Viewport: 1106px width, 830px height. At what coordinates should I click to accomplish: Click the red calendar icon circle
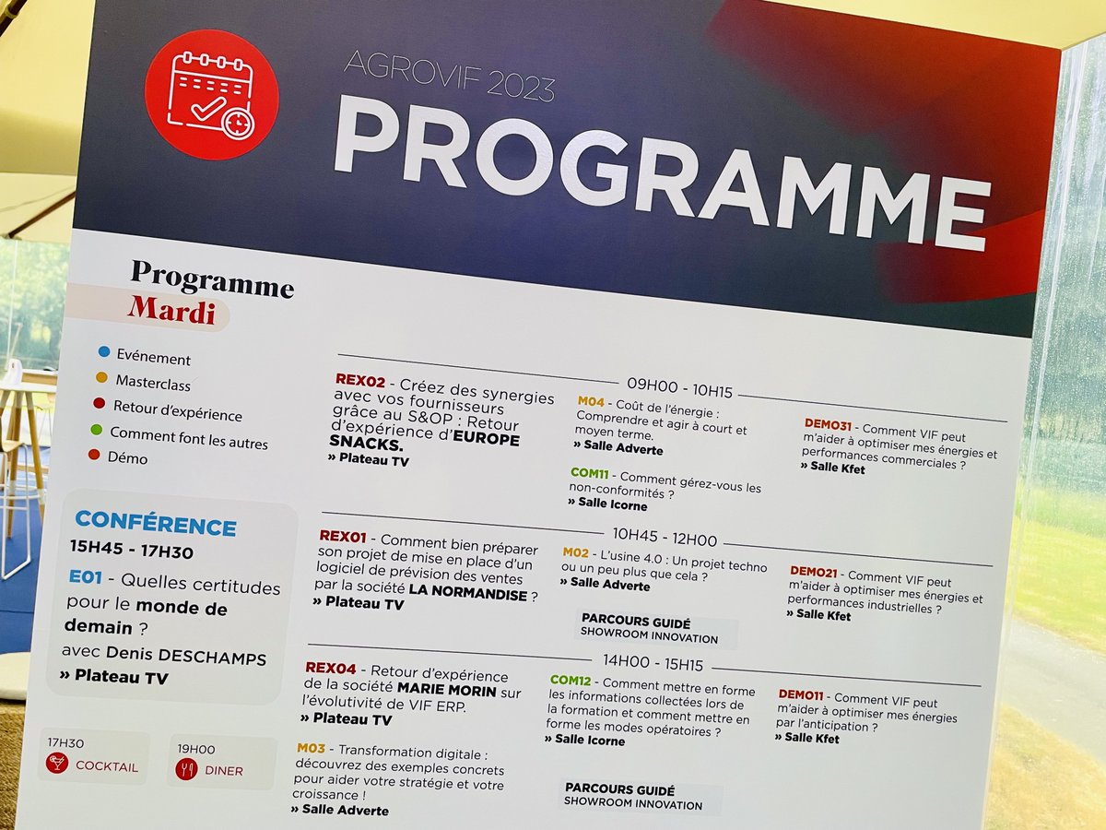click(x=211, y=96)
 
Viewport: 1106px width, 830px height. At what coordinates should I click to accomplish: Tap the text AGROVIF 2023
click(x=449, y=77)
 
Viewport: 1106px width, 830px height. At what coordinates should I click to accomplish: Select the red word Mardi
click(x=171, y=310)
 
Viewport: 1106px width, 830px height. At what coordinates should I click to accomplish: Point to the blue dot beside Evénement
click(x=104, y=351)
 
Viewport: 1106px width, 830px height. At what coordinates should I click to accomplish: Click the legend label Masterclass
click(x=153, y=382)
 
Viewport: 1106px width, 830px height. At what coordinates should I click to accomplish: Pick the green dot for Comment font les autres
click(x=96, y=429)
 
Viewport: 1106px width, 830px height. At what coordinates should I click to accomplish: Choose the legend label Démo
click(x=127, y=457)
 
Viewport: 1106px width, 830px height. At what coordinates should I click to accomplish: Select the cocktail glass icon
click(x=57, y=763)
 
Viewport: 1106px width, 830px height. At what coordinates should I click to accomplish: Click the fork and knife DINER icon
click(x=187, y=769)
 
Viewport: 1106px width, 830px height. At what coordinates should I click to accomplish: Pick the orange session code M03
click(x=311, y=748)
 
